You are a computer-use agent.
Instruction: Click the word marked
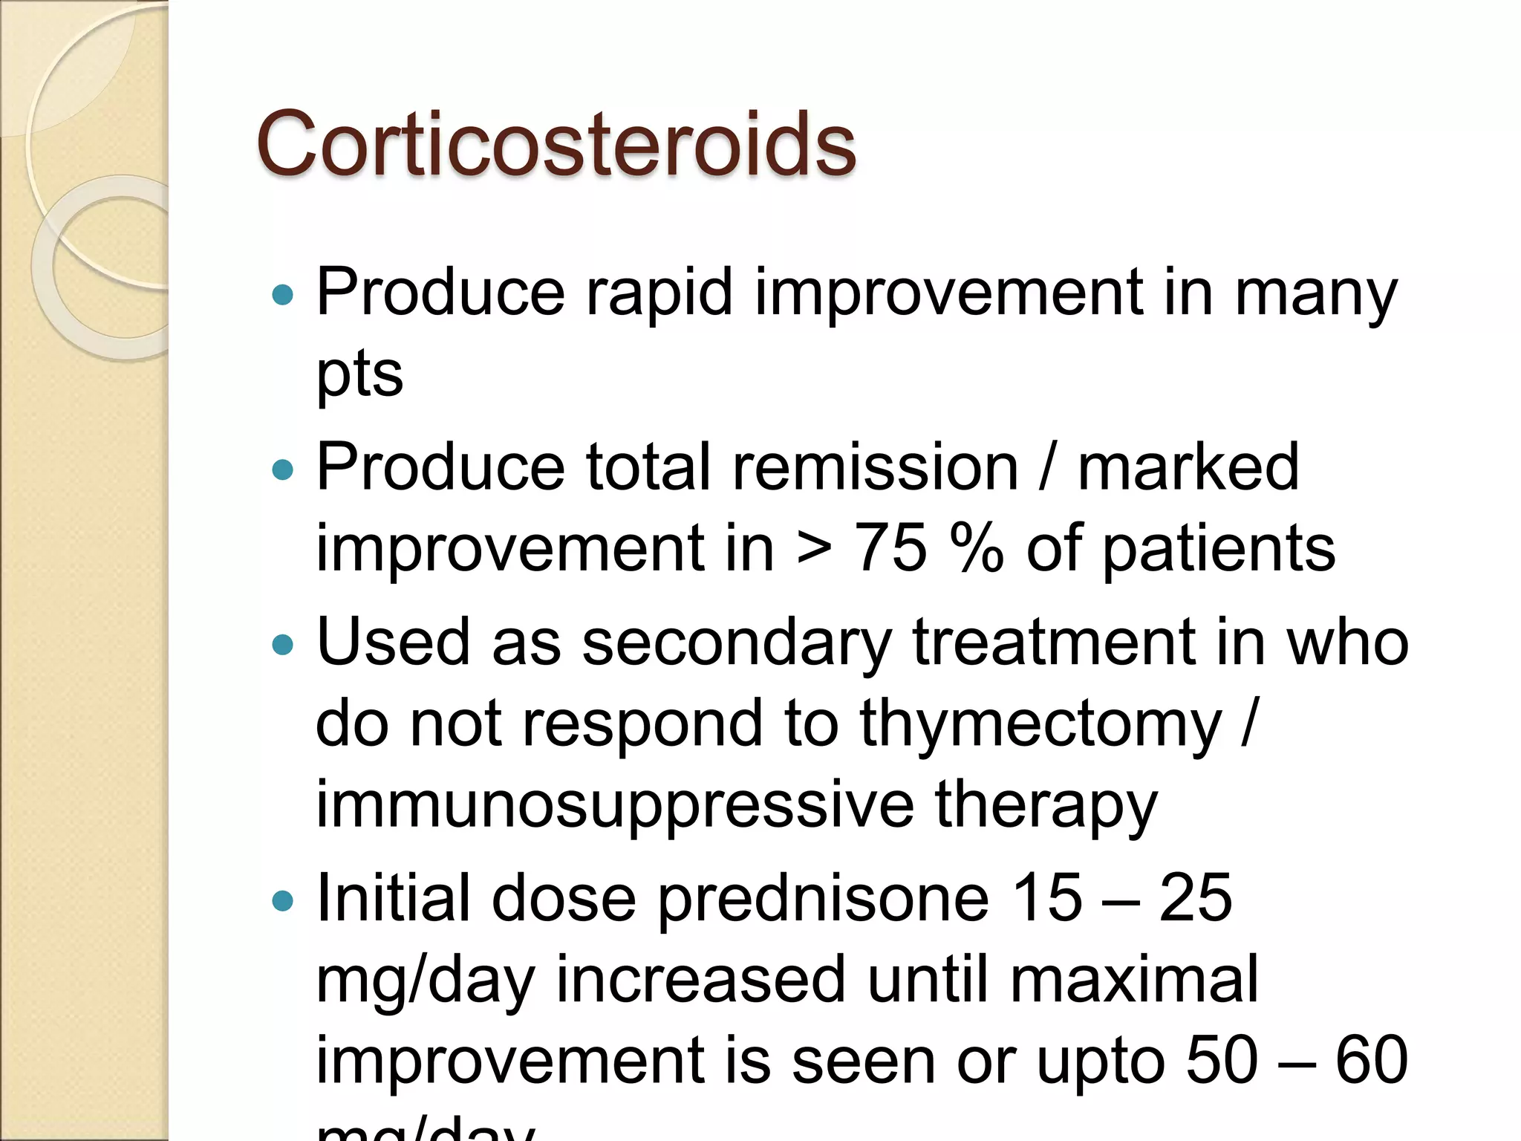pos(1188,467)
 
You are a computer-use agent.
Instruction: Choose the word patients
pos(1219,550)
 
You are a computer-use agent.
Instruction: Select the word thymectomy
pos(1040,724)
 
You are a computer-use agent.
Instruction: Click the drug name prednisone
pos(824,899)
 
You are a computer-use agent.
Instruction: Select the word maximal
pos(1134,980)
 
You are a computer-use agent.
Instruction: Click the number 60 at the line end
pos(1372,1060)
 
